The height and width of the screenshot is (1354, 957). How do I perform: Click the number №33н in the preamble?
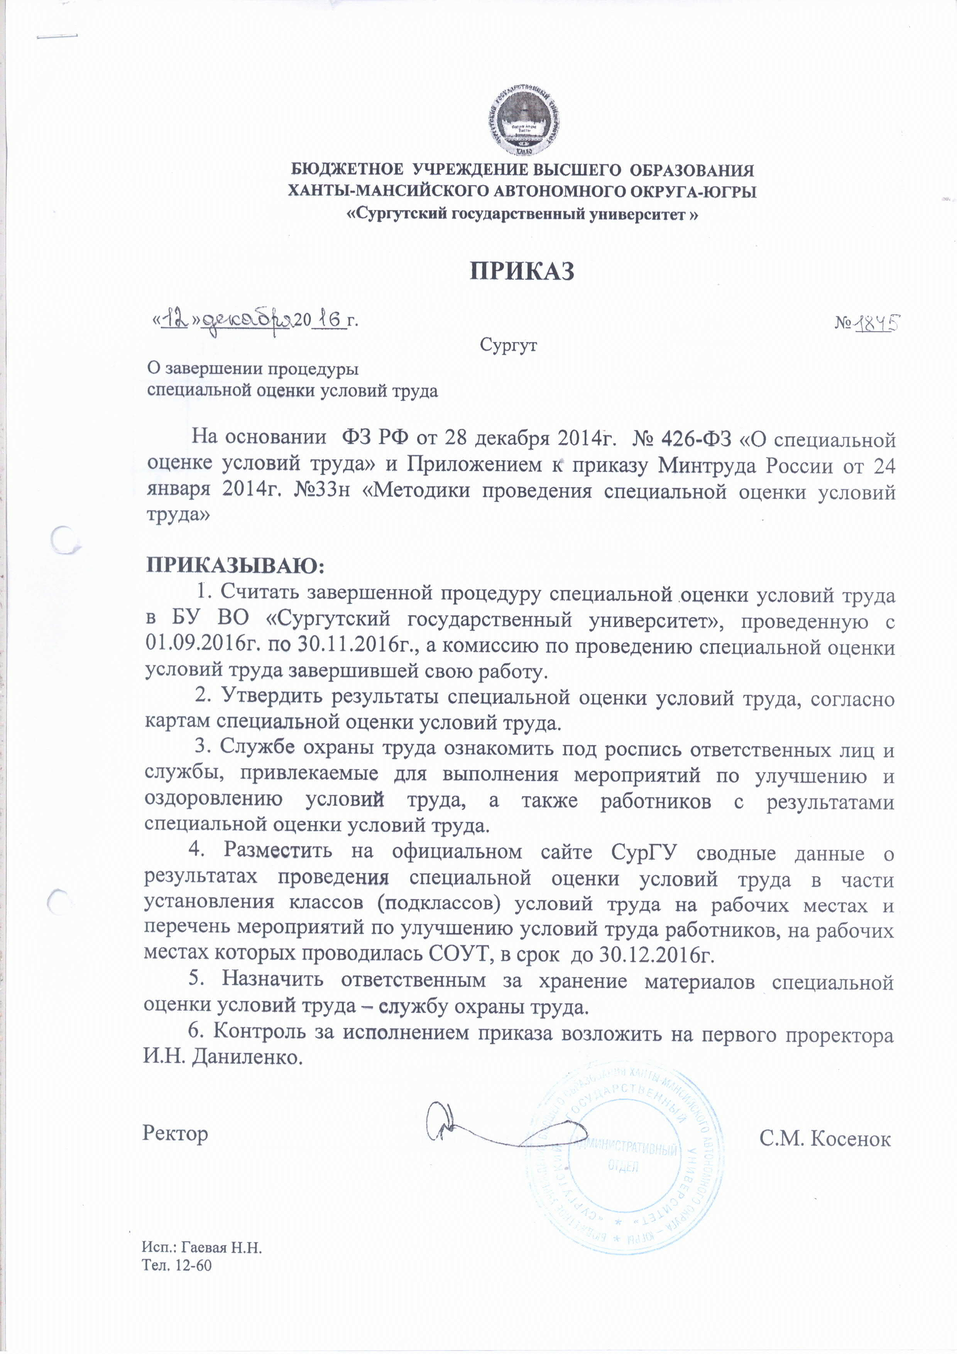322,491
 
